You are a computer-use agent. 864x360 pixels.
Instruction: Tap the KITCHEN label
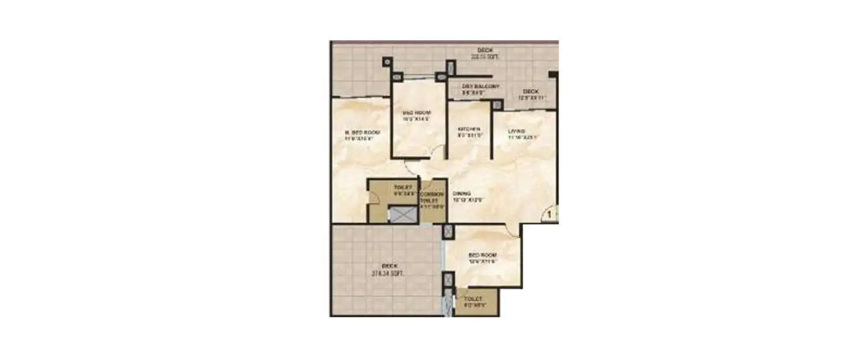point(465,129)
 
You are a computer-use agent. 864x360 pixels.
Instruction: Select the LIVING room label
point(516,131)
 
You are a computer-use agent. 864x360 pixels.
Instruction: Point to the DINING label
point(461,194)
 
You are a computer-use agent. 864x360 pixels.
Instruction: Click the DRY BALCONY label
point(480,86)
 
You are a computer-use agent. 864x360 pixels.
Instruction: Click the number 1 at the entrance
point(550,215)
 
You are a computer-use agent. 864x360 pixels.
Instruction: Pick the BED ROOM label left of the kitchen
point(416,112)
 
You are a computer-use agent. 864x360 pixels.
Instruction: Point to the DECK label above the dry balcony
point(485,50)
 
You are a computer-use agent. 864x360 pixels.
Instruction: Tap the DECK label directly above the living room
point(530,92)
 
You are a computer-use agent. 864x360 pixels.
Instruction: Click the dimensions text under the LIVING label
point(522,138)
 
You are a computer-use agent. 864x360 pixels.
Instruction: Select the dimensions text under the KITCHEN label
point(469,135)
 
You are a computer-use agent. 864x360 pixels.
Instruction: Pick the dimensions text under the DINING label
point(467,200)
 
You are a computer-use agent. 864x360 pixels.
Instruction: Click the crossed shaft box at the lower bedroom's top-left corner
point(448,232)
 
